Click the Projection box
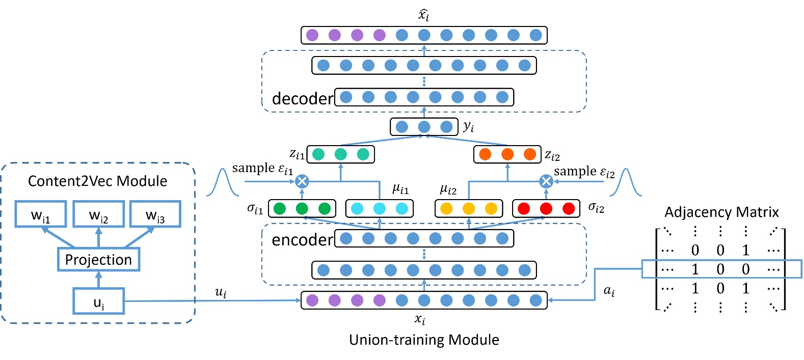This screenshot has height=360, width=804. click(98, 260)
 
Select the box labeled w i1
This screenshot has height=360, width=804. click(41, 214)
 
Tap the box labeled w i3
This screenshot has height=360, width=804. click(155, 214)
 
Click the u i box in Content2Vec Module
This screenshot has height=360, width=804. click(99, 301)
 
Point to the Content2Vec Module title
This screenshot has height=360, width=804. click(97, 181)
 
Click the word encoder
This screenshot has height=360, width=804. click(302, 239)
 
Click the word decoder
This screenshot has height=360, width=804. click(302, 98)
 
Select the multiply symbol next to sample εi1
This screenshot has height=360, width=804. click(302, 181)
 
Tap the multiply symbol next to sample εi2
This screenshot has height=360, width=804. click(546, 181)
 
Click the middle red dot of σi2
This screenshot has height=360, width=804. click(546, 208)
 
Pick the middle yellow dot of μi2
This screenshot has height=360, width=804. click(469, 208)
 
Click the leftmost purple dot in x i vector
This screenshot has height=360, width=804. click(312, 300)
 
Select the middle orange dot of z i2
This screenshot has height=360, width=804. click(507, 154)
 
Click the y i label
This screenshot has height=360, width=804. click(468, 127)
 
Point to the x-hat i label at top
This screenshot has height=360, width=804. click(424, 14)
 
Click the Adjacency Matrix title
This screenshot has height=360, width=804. click(721, 212)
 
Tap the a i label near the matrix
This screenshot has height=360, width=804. click(609, 291)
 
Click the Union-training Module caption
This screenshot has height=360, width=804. click(424, 340)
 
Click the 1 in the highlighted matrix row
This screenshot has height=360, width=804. click(695, 269)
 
